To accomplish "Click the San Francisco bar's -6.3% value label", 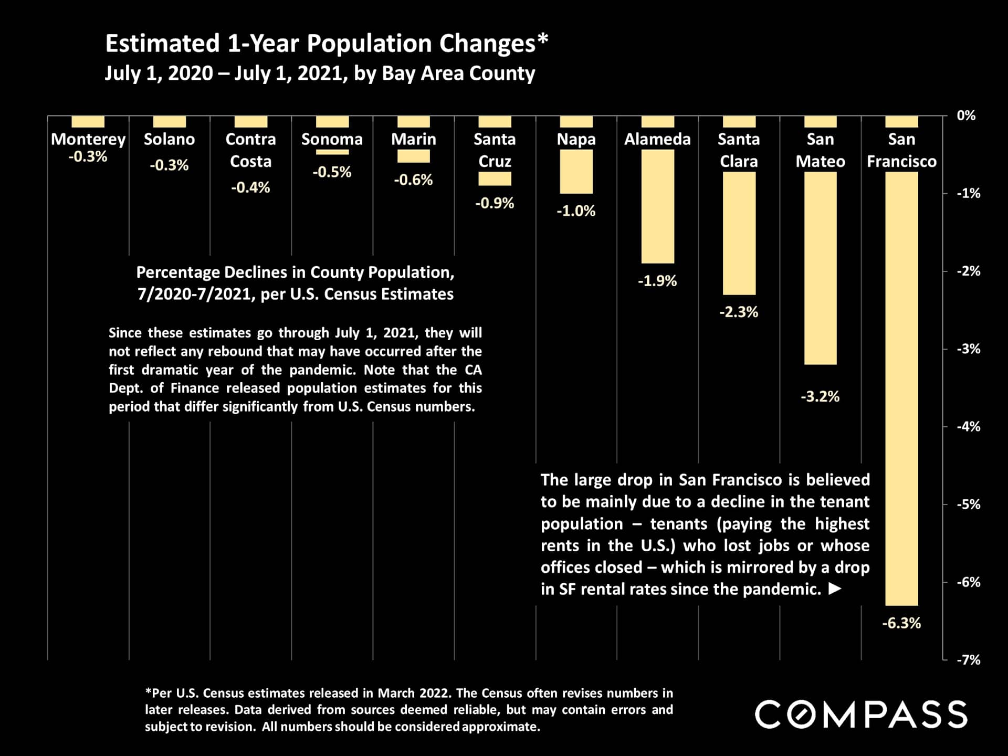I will pyautogui.click(x=901, y=623).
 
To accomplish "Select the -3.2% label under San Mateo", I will pyautogui.click(x=820, y=396).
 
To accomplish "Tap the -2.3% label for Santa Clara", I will pyautogui.click(x=738, y=312).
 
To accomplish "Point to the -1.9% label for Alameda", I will pyautogui.click(x=657, y=281).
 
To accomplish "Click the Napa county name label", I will pyautogui.click(x=576, y=139).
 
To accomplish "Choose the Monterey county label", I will pyautogui.click(x=88, y=139).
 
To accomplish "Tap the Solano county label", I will pyautogui.click(x=169, y=139).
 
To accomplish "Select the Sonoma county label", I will pyautogui.click(x=332, y=139).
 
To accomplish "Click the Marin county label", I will pyautogui.click(x=413, y=139).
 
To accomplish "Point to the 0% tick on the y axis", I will pyautogui.click(x=965, y=115).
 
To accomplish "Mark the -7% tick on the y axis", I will pyautogui.click(x=968, y=660).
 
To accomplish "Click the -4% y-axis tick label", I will pyautogui.click(x=968, y=426).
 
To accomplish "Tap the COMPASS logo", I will pyautogui.click(x=860, y=715).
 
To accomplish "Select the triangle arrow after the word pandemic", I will pyautogui.click(x=835, y=589).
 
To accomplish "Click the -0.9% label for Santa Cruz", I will pyautogui.click(x=495, y=203).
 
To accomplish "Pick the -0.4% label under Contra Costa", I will pyautogui.click(x=250, y=187).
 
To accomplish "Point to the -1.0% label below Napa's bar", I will pyautogui.click(x=576, y=211).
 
